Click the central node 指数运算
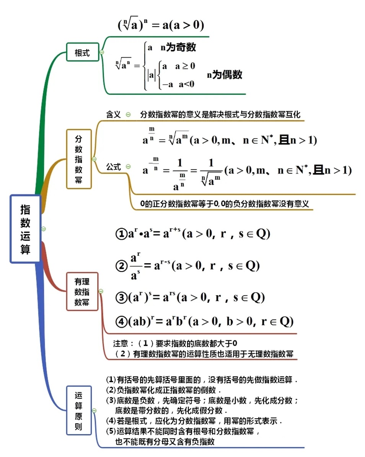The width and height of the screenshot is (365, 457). coord(25,229)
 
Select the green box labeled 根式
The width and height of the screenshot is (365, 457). coord(82,52)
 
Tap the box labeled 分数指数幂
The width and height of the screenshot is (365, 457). coord(78,159)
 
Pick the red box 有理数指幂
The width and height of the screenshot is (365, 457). coord(82,291)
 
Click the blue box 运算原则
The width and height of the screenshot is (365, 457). coord(78,411)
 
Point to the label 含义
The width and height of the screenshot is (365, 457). coord(113,114)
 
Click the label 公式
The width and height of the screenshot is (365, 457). coord(113,167)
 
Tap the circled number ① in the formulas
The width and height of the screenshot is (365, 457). coord(121,234)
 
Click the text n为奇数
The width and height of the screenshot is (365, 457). coord(178,47)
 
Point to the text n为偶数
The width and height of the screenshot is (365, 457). coord(225,75)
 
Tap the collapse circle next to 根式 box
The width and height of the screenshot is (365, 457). coord(102,52)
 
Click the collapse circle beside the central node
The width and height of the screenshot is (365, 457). coord(44,229)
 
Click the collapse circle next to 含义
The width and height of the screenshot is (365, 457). coord(128,114)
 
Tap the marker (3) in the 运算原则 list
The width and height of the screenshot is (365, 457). coord(111,400)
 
